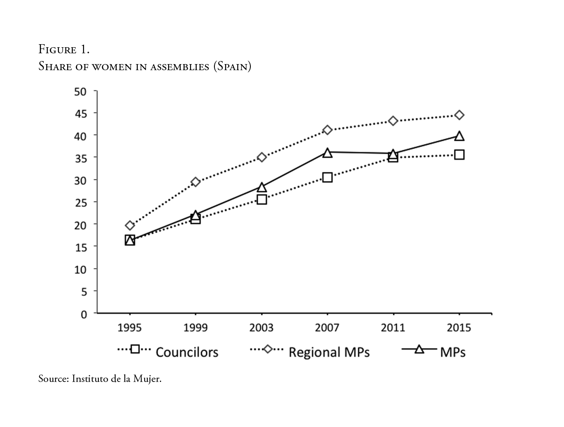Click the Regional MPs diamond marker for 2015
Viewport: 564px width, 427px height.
[x=459, y=115]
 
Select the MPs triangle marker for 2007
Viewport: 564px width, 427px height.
[x=327, y=152]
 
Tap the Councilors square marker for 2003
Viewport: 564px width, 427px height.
[x=262, y=200]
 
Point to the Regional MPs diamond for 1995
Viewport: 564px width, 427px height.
[x=130, y=225]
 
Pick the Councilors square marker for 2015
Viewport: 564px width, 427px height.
[x=459, y=155]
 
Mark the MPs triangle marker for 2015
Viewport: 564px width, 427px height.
[x=459, y=136]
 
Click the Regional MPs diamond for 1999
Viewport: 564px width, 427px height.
[x=196, y=182]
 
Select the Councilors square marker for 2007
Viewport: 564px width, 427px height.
[x=327, y=177]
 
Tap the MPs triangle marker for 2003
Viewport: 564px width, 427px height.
[x=262, y=187]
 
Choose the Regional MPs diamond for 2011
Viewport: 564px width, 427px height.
[x=393, y=121]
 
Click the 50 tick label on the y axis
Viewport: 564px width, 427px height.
[x=81, y=91]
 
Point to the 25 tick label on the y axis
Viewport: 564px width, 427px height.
[x=81, y=202]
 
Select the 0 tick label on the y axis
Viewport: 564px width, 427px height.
[x=84, y=314]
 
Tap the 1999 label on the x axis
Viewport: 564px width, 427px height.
[x=195, y=328]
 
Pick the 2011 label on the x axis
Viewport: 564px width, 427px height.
[x=393, y=328]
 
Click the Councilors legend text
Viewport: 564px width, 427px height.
[x=187, y=352]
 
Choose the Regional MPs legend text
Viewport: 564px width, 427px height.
[x=329, y=352]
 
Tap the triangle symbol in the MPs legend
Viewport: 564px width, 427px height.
[x=419, y=349]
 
